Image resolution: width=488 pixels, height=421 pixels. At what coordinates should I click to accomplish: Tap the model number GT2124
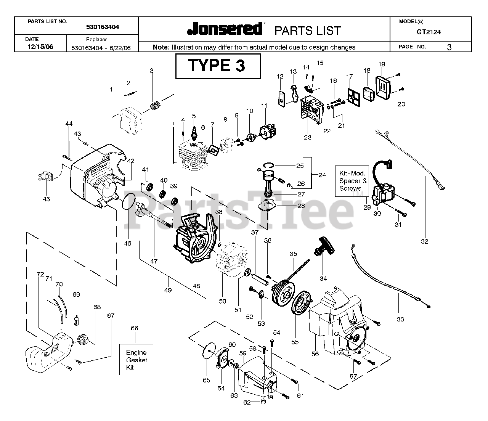[x=429, y=32]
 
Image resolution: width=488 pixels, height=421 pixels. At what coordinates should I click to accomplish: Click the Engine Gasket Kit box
[x=136, y=360]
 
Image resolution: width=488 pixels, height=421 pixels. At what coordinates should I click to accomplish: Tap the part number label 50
[x=222, y=301]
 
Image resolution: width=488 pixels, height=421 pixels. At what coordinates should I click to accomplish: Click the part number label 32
[x=424, y=241]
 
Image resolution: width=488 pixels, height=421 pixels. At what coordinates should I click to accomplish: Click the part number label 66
[x=134, y=328]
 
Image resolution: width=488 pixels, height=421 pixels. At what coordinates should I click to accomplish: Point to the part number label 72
[x=40, y=274]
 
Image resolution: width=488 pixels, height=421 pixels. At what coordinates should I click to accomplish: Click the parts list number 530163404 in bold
[x=102, y=27]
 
